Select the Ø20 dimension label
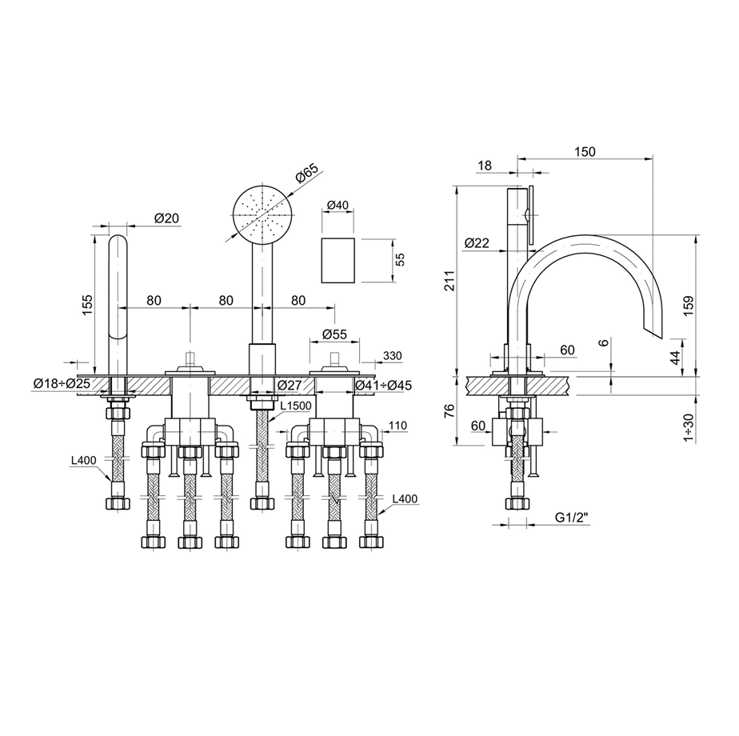pyautogui.click(x=167, y=218)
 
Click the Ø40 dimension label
pyautogui.click(x=337, y=205)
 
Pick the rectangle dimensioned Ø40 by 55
pyautogui.click(x=338, y=260)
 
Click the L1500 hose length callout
pyautogui.click(x=296, y=406)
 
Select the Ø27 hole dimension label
pyautogui.click(x=290, y=385)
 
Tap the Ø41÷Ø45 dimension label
pyautogui.click(x=383, y=385)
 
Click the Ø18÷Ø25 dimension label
pyautogui.click(x=62, y=384)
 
